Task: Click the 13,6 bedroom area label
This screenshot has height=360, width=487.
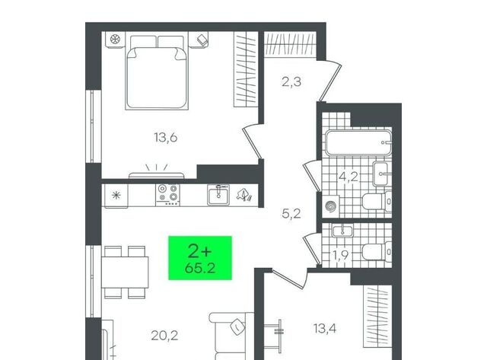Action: point(166,137)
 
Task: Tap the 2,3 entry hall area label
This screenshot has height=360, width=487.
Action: point(291,82)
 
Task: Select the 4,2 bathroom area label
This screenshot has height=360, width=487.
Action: point(349,177)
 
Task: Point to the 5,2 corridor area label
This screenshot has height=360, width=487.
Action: point(291,214)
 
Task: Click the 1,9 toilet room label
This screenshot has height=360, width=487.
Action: point(341,255)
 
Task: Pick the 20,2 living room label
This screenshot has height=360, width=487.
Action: point(164,336)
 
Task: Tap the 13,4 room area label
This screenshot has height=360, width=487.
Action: point(325,328)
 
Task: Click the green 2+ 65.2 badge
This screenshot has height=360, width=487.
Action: point(200,258)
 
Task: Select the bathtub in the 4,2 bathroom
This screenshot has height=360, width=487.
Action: point(358,142)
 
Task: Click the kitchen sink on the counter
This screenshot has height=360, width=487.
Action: point(218,195)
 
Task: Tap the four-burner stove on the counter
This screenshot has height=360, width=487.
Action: point(167,195)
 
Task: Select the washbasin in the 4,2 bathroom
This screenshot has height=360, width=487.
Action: point(380,174)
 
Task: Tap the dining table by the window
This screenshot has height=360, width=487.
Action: point(125,272)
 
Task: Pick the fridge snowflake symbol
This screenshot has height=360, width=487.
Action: point(116,196)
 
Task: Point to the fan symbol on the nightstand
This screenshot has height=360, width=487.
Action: point(115,40)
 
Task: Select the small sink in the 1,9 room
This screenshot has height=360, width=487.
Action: point(342,231)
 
